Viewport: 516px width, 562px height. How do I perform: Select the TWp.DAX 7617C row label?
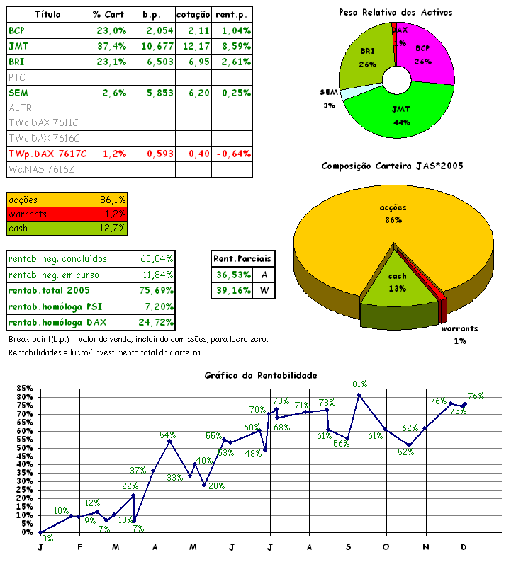[47, 154]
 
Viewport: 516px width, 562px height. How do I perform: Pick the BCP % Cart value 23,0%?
[111, 30]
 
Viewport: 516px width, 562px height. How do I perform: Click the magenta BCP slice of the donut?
[430, 57]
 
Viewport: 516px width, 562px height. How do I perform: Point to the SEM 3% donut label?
[328, 98]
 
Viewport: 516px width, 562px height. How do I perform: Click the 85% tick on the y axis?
[23, 389]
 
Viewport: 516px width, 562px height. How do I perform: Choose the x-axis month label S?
[348, 547]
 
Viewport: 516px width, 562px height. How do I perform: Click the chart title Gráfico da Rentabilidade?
[260, 375]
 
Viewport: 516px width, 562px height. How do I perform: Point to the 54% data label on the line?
[168, 435]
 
